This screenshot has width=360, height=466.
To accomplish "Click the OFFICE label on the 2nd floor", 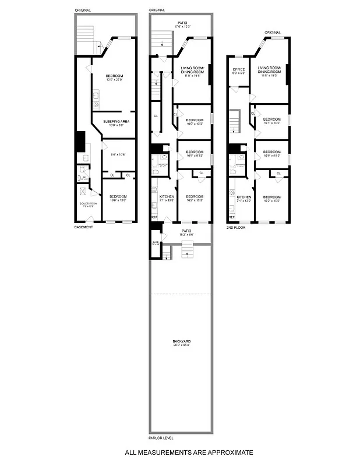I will [x=238, y=71].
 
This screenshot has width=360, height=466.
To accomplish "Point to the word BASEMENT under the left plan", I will [x=83, y=227].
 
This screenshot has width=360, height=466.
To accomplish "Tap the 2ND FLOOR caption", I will [x=235, y=227].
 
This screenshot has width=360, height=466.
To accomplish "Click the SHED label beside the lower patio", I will [x=156, y=243].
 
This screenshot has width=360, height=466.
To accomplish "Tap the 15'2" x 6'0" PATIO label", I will [x=186, y=232].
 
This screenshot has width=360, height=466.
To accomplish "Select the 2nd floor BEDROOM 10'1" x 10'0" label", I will [x=272, y=121].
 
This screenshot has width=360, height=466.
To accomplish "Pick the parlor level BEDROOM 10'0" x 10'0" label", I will [x=195, y=121].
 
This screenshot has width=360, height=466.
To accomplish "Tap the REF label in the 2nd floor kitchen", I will [x=231, y=217].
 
